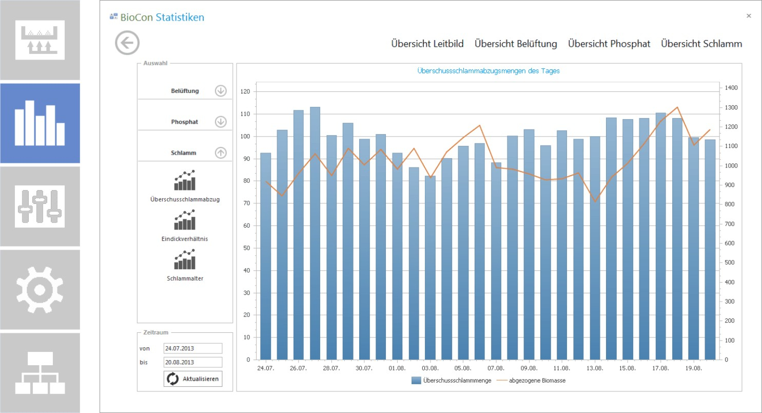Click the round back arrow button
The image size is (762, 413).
tap(127, 43)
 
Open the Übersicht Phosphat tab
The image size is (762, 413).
tap(609, 44)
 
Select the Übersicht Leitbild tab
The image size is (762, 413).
tap(427, 44)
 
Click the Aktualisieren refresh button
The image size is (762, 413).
tap(193, 379)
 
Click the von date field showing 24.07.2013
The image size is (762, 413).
tap(193, 348)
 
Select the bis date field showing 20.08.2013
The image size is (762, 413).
tap(193, 362)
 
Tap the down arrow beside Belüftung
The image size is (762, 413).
tap(221, 90)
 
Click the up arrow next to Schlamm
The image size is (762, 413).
tap(221, 153)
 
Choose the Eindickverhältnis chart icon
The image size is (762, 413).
tap(185, 220)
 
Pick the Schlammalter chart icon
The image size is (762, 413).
tap(185, 259)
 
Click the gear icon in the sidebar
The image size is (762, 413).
tap(40, 290)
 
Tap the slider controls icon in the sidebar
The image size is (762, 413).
tap(40, 206)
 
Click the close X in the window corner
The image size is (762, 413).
tap(749, 15)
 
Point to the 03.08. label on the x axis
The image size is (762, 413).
tap(430, 368)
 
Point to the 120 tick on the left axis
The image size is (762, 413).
tap(245, 91)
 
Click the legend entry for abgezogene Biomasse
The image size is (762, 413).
tap(537, 380)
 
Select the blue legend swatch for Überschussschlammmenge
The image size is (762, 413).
tap(416, 380)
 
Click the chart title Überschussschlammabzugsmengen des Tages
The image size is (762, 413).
tap(489, 71)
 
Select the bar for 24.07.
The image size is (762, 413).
tap(266, 256)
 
